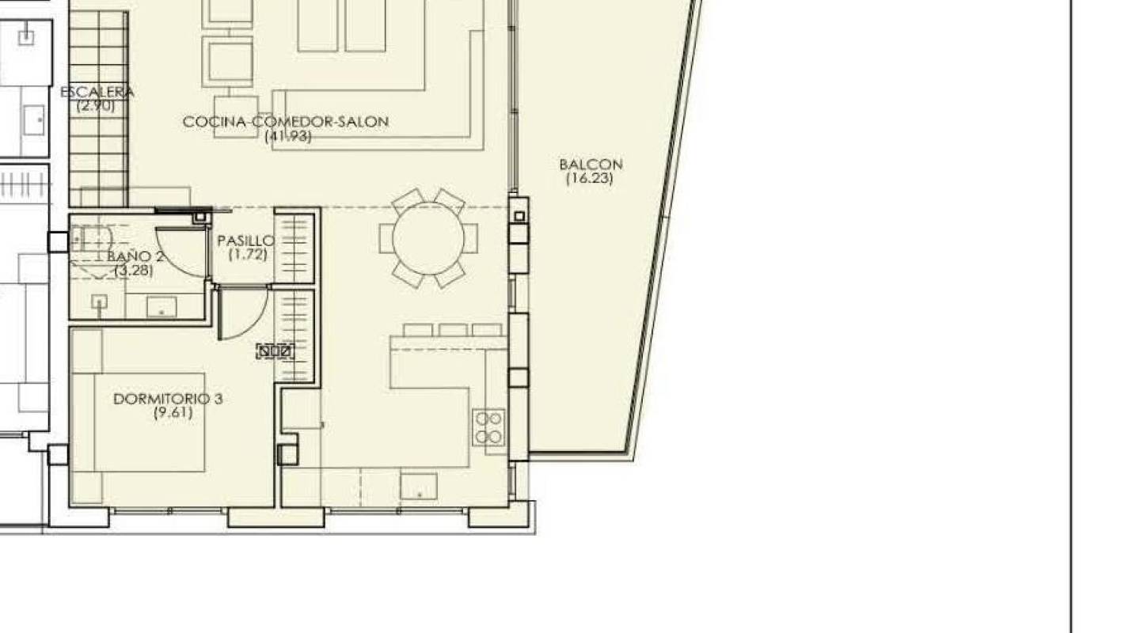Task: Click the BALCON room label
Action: point(591,165)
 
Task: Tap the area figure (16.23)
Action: point(590,178)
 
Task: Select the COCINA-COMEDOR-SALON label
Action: point(286,122)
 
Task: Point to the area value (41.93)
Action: point(287,136)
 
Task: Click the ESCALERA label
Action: point(97,92)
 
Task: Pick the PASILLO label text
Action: point(245,241)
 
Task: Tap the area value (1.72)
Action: point(248,255)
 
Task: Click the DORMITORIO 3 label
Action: point(168,399)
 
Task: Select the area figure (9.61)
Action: point(173,412)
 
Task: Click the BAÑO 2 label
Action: point(135,256)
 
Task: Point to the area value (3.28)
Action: point(133,271)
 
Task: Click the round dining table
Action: point(428,238)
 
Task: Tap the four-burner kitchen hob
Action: point(489,427)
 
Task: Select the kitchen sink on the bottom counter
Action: point(419,486)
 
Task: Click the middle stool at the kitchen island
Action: point(453,330)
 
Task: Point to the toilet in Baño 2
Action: point(91,237)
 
